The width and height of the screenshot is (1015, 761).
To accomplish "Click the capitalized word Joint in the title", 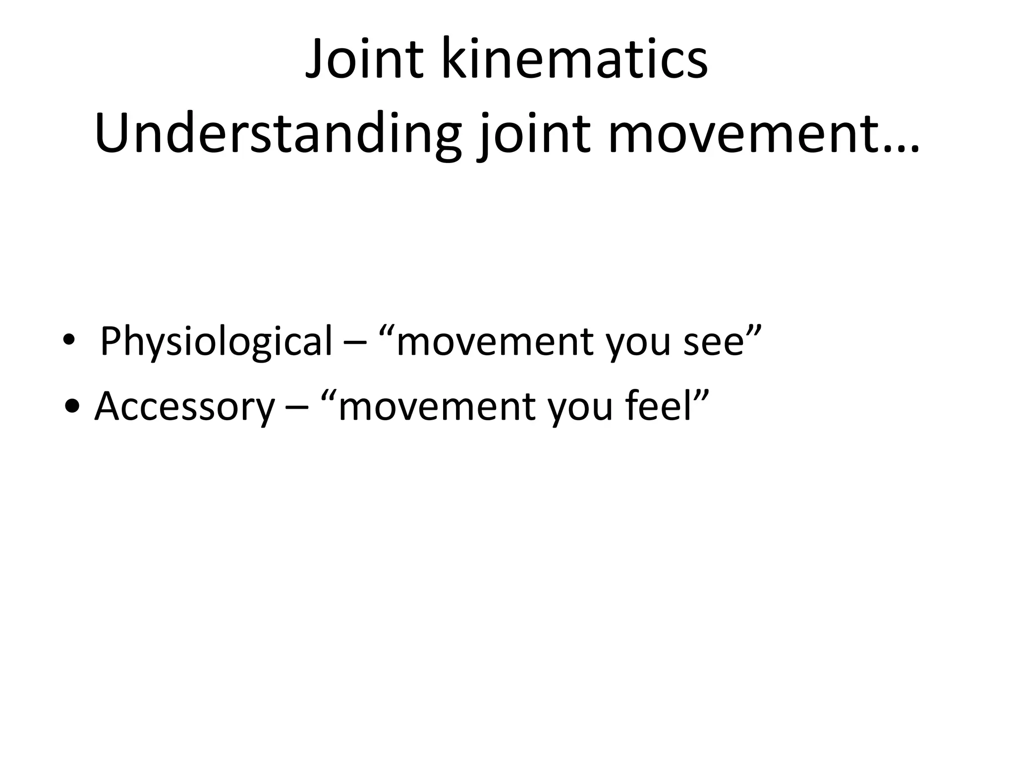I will click(364, 59).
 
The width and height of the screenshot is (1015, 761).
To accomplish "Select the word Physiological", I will click(216, 342).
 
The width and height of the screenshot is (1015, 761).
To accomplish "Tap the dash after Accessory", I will click(297, 407).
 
